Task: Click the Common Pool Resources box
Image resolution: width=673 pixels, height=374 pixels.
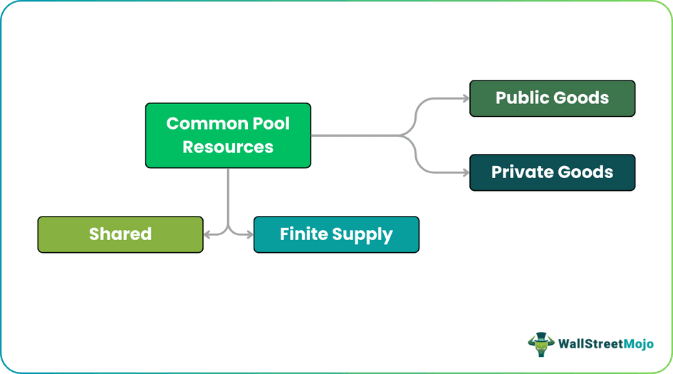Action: [228, 135]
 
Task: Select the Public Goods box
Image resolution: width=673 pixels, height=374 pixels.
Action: [552, 98]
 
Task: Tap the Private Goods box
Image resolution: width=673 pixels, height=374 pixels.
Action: [552, 172]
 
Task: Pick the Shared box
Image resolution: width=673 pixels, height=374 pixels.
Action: [120, 234]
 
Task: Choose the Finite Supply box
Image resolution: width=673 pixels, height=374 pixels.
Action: [336, 234]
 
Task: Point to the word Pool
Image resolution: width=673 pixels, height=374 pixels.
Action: [271, 123]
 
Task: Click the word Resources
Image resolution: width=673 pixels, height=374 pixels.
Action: [228, 147]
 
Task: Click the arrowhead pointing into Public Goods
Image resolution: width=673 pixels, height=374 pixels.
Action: [465, 98]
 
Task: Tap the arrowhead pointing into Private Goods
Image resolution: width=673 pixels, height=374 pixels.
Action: [465, 172]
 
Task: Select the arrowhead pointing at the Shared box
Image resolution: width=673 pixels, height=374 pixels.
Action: [207, 234]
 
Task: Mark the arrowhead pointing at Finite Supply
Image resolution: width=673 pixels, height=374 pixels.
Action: [249, 234]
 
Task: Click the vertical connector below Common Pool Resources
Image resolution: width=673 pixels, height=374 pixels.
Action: [228, 196]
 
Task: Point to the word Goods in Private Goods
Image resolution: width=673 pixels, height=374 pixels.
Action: [585, 172]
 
